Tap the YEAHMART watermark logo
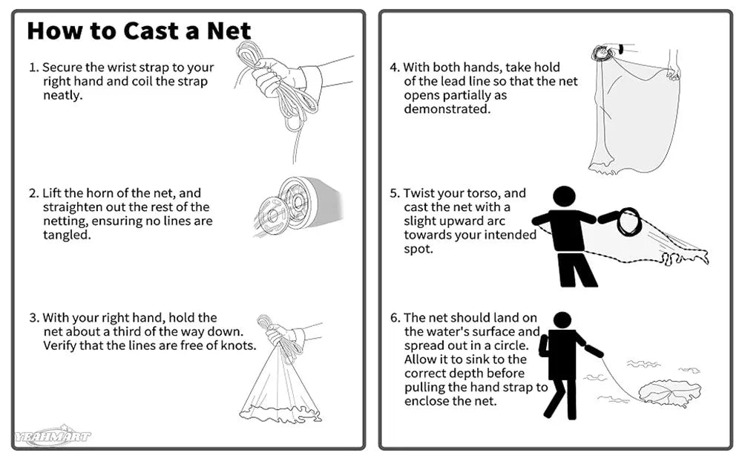click(x=51, y=437)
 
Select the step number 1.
click(x=33, y=68)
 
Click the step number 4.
click(x=394, y=68)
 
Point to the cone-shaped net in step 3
click(x=280, y=386)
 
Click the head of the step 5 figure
click(x=565, y=197)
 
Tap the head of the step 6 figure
click(x=562, y=320)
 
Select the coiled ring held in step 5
click(x=629, y=222)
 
